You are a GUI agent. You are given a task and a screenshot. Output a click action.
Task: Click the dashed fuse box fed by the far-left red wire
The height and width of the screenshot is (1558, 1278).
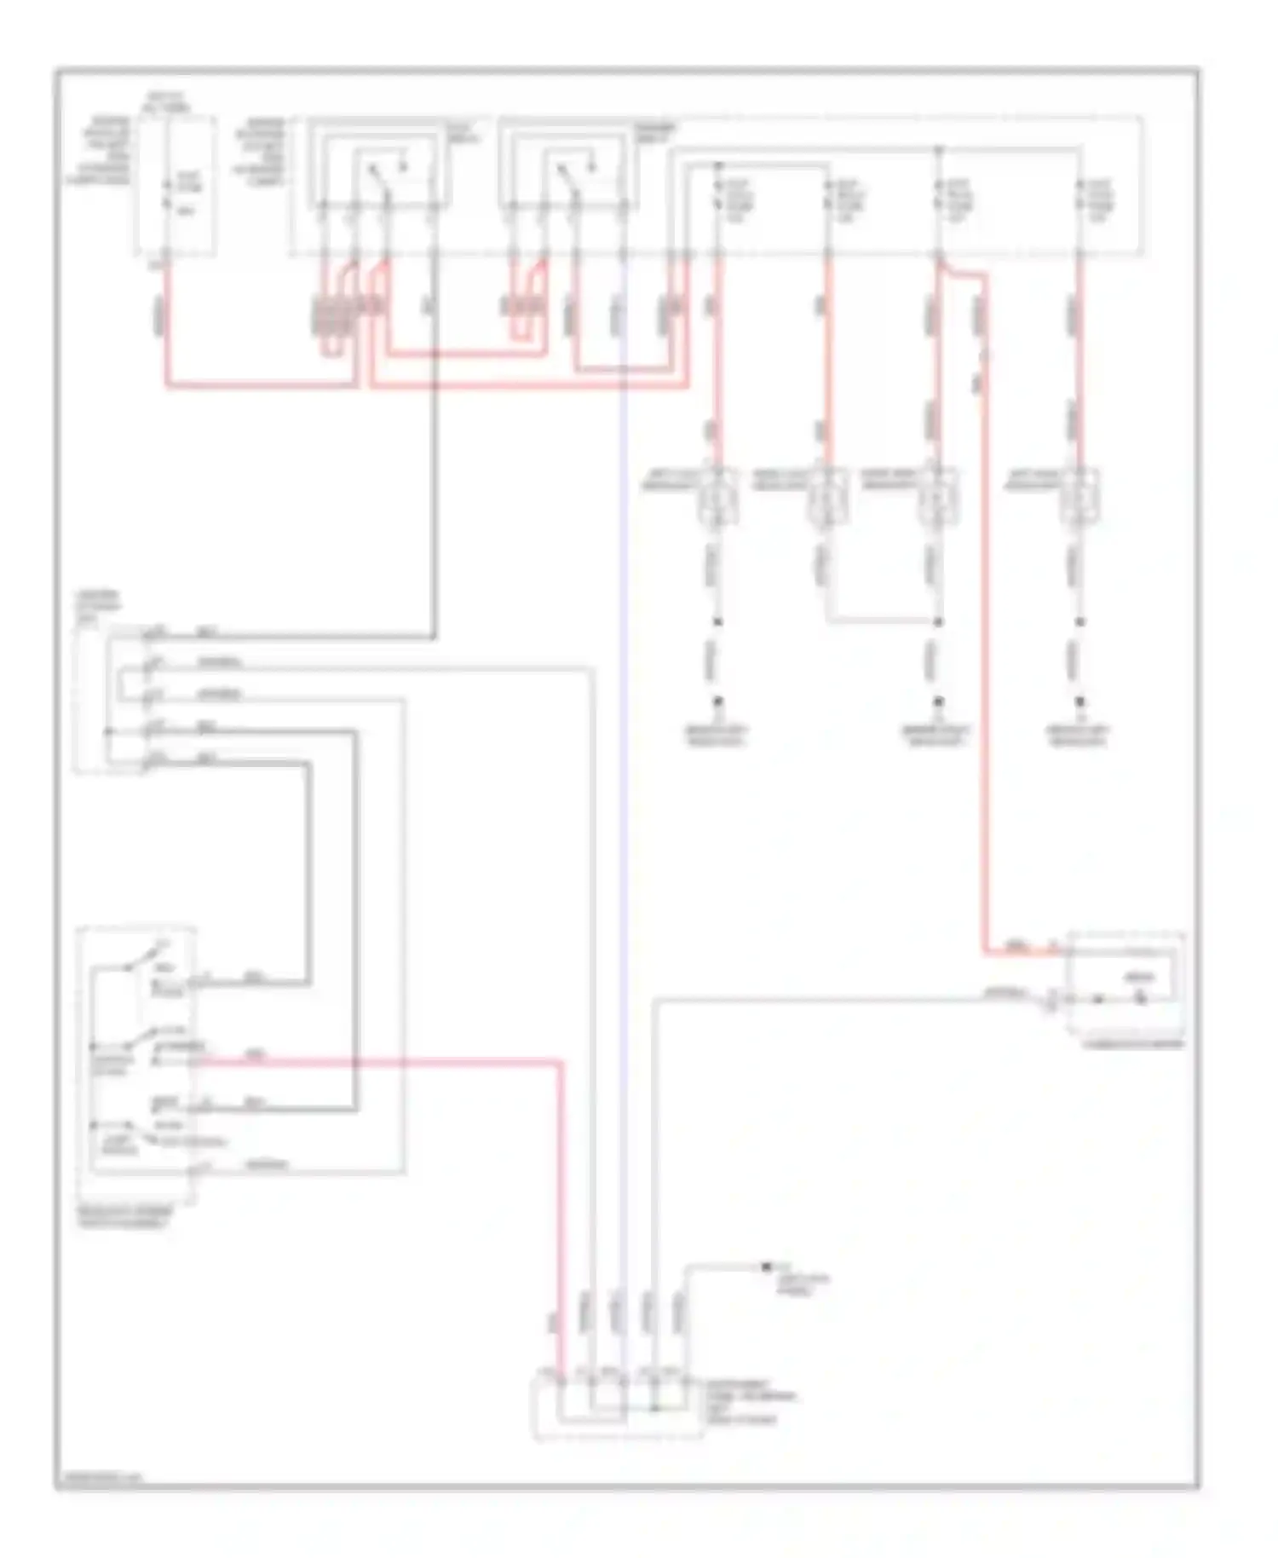[177, 186]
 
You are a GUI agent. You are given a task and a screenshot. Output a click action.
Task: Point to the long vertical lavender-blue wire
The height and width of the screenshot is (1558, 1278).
[624, 767]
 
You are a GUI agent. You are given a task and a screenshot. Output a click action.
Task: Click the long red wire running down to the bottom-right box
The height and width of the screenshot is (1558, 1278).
[987, 639]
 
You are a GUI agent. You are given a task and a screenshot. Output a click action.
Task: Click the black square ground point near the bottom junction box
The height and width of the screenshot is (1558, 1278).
[765, 1267]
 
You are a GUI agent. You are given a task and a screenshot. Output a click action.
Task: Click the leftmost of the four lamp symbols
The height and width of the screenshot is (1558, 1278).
[717, 497]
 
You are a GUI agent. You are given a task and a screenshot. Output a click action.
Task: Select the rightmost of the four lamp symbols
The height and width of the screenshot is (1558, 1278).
[1079, 497]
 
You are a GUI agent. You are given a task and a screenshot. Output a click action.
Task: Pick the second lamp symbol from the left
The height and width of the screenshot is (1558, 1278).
[827, 497]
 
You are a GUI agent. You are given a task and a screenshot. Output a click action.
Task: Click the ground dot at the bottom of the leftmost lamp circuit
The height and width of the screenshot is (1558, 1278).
[718, 701]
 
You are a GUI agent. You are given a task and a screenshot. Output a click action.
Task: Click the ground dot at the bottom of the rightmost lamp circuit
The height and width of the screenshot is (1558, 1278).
[1079, 701]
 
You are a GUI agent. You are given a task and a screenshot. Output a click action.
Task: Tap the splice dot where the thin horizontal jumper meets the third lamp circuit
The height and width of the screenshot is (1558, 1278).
[938, 622]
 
